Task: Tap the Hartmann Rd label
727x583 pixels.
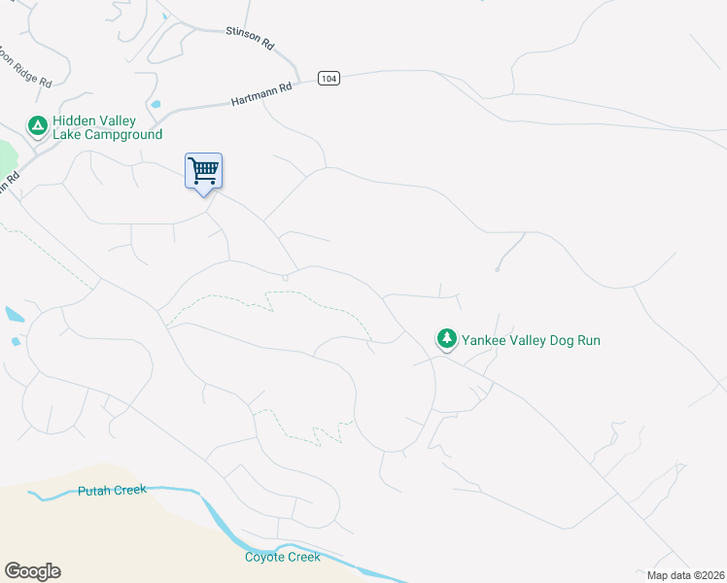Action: click(x=261, y=94)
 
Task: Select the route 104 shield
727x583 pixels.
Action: click(x=329, y=78)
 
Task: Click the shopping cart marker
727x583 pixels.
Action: click(x=204, y=171)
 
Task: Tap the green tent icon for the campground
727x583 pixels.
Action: click(x=37, y=126)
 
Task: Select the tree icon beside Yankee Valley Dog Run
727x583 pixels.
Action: click(x=446, y=338)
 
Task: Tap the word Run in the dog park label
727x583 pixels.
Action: click(x=587, y=340)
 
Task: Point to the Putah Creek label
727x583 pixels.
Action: click(x=112, y=490)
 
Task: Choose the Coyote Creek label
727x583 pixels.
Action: click(x=282, y=557)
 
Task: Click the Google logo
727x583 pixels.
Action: click(x=32, y=571)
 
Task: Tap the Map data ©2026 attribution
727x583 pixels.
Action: click(x=686, y=575)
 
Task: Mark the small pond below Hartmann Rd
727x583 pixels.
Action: click(x=155, y=105)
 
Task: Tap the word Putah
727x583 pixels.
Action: click(x=94, y=491)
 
